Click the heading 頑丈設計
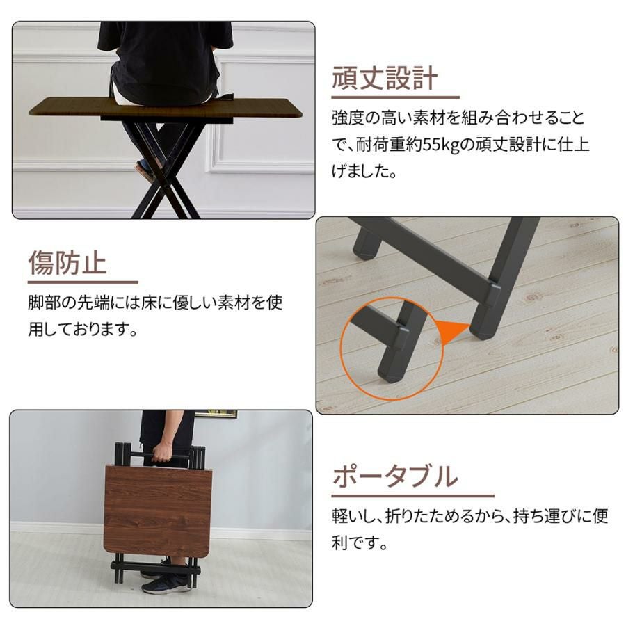385,78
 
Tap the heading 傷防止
67,263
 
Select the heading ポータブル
395,476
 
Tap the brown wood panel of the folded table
158,511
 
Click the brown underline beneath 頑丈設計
396,97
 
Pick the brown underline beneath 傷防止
83,282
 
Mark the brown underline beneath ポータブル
412,496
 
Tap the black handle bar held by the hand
164,456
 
